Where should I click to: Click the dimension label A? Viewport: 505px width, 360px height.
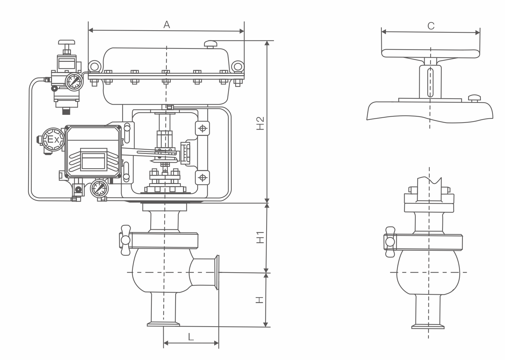point(167,25)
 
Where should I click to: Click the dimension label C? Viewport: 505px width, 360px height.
point(431,26)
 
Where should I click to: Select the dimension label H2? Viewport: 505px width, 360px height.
point(260,123)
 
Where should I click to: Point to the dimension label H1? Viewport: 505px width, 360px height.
point(260,237)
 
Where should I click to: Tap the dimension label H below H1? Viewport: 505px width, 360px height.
point(259,300)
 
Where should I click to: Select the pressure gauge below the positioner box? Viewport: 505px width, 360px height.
point(99,189)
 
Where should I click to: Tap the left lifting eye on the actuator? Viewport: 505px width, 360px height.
point(94,66)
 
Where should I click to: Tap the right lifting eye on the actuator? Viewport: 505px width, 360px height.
point(237,66)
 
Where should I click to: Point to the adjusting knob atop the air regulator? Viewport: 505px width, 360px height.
point(66,43)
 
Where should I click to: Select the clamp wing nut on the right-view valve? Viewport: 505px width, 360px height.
point(389,242)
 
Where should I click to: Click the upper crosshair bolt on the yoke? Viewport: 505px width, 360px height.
point(202,129)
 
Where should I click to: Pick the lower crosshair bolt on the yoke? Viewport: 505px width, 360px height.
point(202,177)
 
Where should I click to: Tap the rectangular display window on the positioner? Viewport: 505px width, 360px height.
point(93,161)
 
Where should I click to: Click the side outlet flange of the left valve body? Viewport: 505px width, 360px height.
point(217,272)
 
